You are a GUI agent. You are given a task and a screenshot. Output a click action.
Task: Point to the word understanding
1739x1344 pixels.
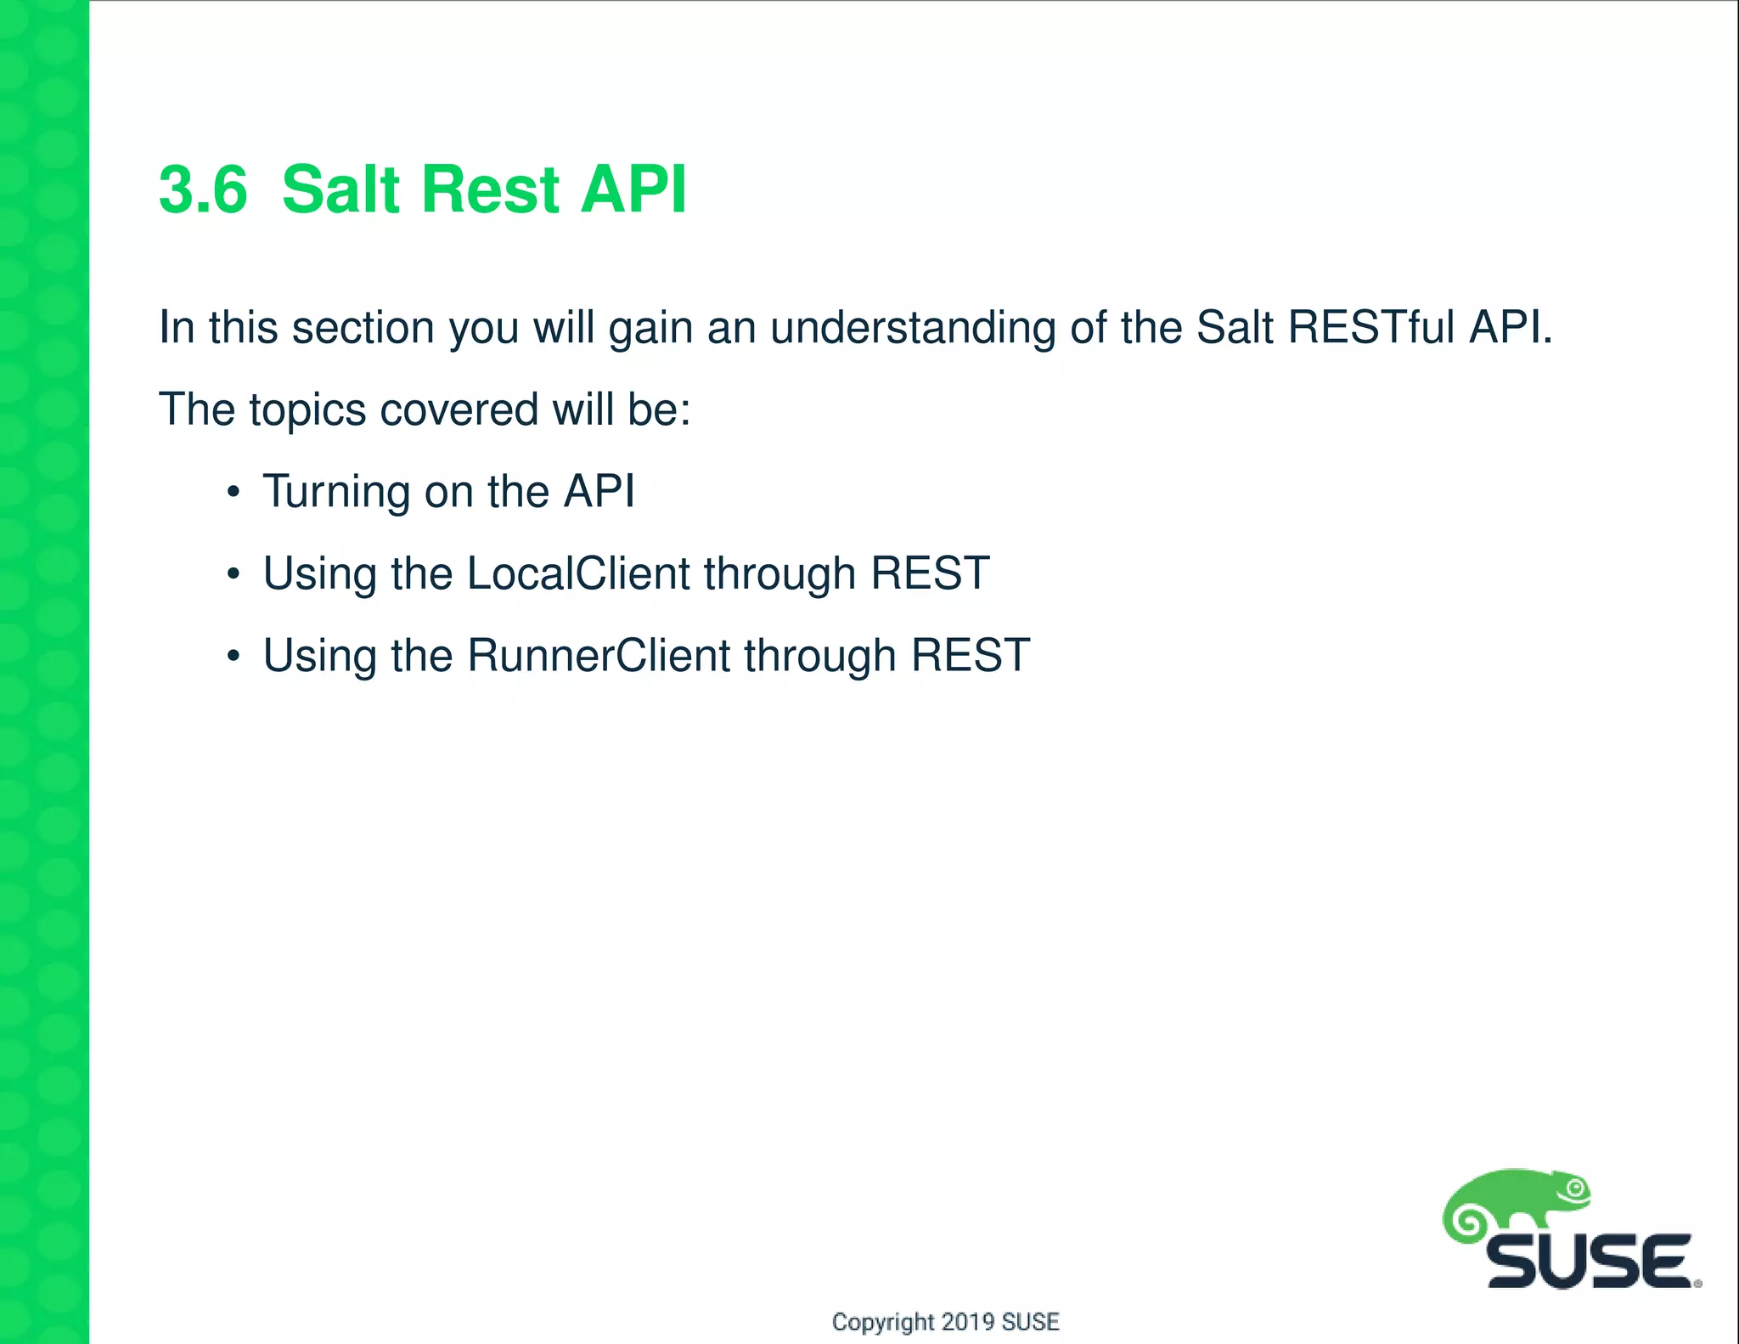pos(913,329)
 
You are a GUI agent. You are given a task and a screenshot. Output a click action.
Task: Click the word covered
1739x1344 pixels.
pos(459,409)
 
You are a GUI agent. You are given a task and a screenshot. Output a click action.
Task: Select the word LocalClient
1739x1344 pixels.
pos(577,573)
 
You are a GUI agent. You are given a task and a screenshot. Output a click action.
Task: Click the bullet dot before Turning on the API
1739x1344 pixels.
pos(234,493)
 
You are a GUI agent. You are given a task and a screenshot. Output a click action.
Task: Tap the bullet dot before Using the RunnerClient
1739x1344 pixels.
pos(234,657)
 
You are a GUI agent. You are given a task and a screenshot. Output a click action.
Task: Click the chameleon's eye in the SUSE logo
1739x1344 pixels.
pos(1576,1189)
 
